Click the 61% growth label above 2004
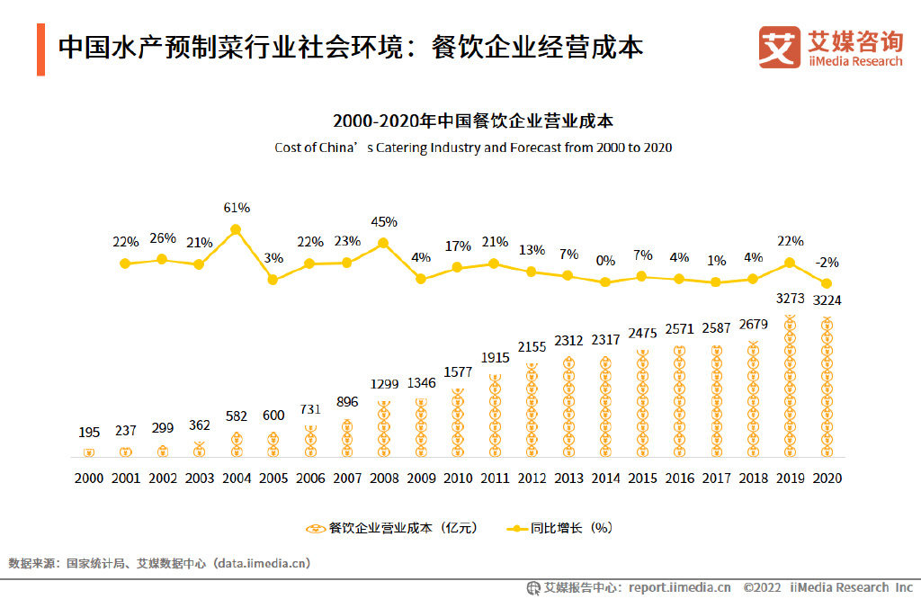[237, 208]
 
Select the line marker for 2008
[384, 243]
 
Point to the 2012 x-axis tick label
[532, 478]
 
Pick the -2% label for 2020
[827, 263]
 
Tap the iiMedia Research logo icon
[779, 48]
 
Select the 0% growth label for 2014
[605, 261]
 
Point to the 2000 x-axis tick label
[89, 478]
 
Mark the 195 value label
[89, 434]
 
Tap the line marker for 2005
[273, 280]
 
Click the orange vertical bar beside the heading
[40, 50]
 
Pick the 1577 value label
[458, 373]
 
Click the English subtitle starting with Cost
[473, 148]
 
